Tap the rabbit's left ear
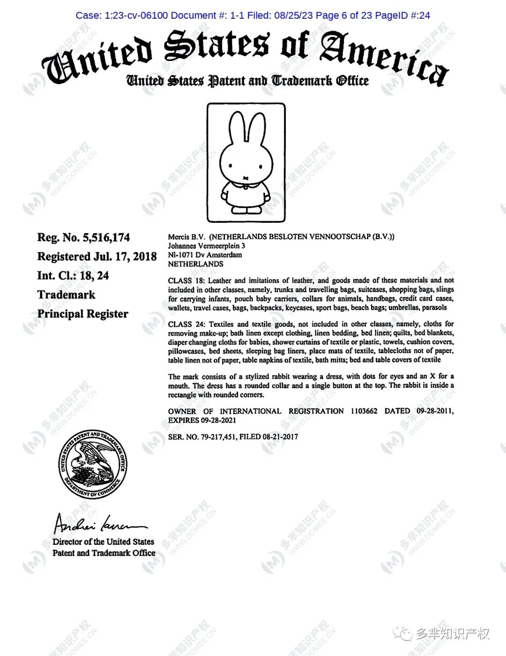pos(237,129)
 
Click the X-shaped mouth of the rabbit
pos(246,178)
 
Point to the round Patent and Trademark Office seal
pos(93,464)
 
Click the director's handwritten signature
pos(98,523)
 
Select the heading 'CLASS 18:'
pos(186,280)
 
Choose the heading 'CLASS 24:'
pos(186,324)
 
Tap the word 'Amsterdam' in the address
pos(224,255)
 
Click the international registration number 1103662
pos(364,411)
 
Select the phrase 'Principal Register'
pos(82,314)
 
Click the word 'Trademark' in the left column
pos(66,294)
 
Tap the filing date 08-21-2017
pos(280,437)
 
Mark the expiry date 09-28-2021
pos(218,420)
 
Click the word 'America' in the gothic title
pos(384,56)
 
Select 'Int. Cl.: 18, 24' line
pos(73,276)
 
